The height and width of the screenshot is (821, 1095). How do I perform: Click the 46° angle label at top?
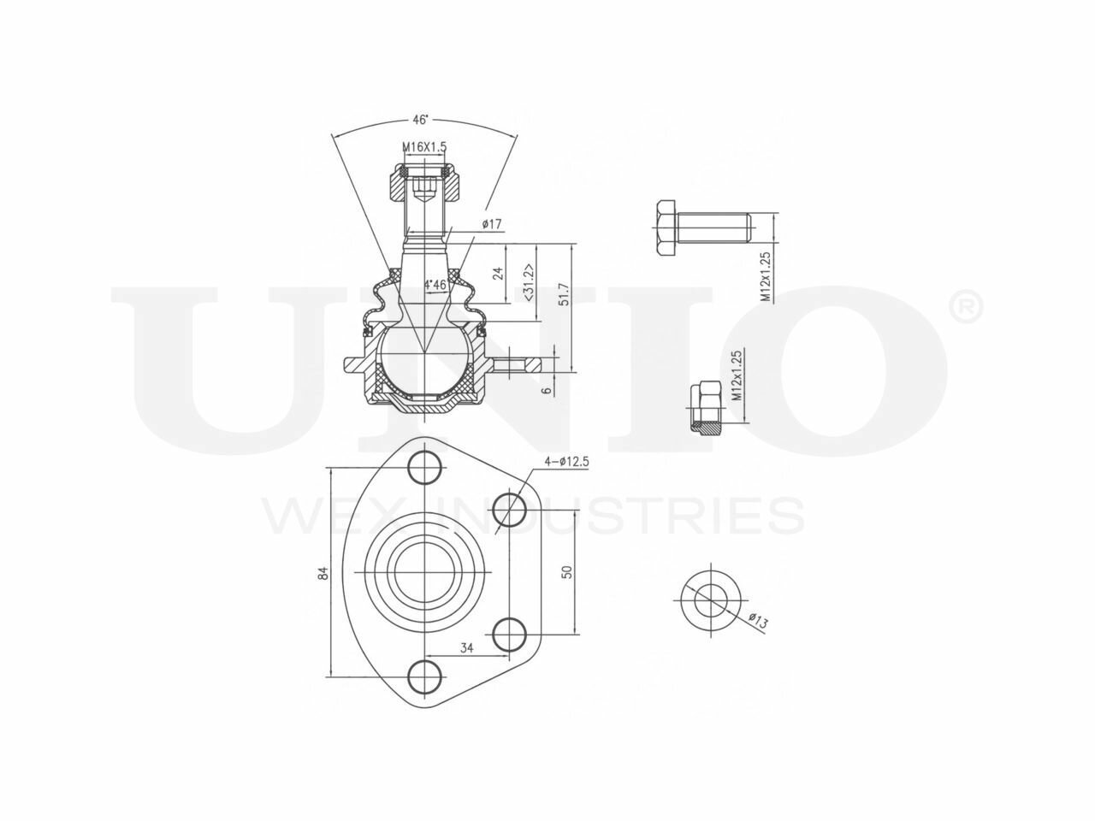pos(420,120)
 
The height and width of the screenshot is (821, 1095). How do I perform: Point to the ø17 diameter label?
pos(491,224)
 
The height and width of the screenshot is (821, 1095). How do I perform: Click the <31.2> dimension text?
pos(530,282)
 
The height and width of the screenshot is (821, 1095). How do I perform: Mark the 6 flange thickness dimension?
pos(547,390)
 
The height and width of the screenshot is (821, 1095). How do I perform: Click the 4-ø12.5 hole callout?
pos(566,462)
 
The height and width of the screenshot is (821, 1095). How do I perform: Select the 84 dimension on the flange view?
pos(323,573)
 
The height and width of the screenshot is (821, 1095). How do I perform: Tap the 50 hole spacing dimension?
pos(566,572)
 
